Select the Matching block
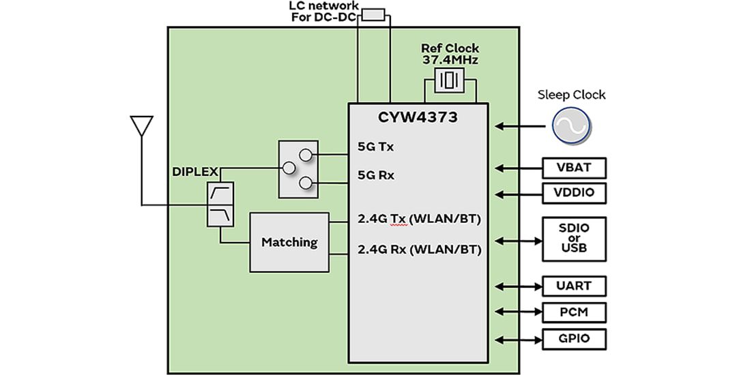289,241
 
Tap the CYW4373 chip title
418,117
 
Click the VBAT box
574,168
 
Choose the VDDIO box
574,193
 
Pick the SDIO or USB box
574,239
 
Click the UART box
574,286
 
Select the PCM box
574,312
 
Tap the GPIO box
574,339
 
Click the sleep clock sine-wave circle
571,126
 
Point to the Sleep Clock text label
571,95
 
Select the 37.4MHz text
449,61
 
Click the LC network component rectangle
373,14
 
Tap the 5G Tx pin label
375,146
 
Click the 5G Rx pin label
375,175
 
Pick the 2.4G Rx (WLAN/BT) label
419,250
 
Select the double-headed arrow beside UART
516,286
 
